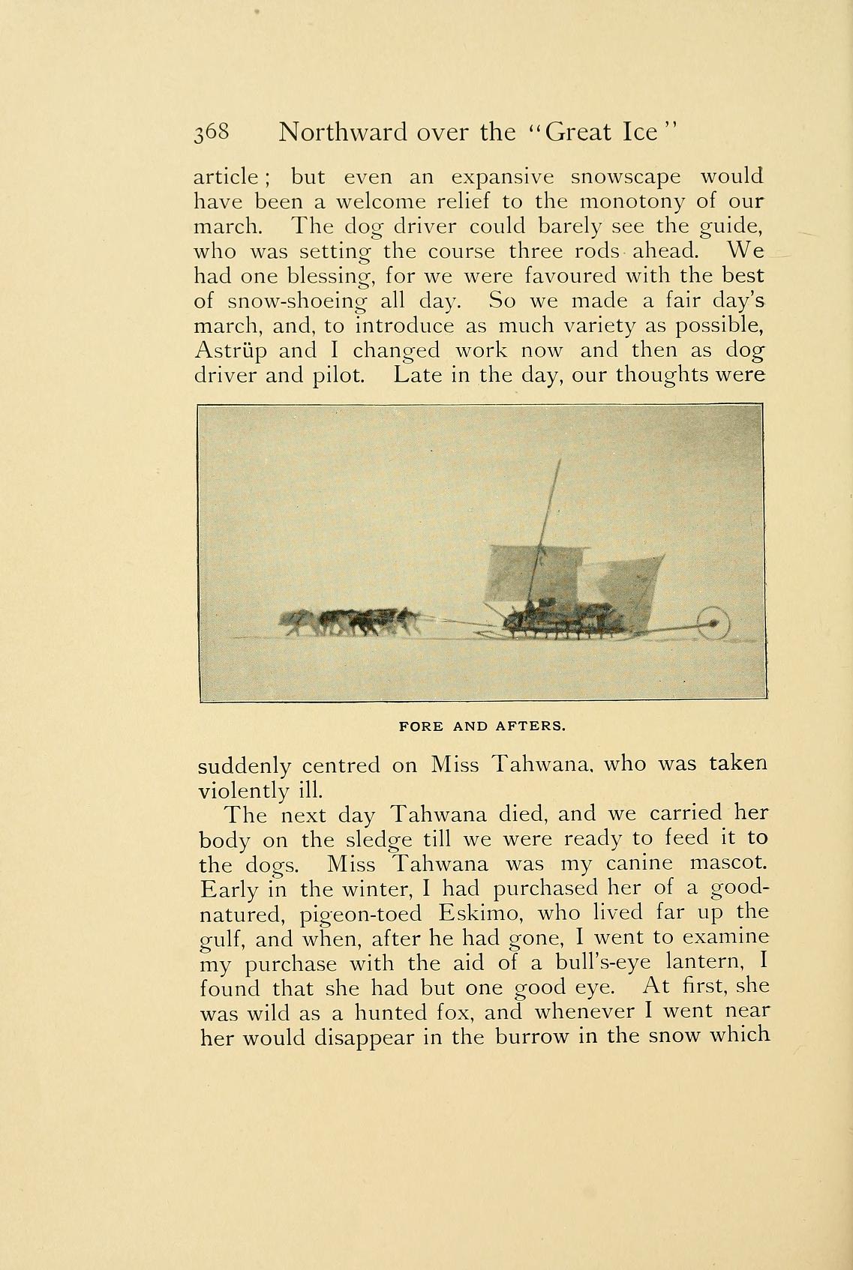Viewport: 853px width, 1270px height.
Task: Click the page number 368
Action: point(215,133)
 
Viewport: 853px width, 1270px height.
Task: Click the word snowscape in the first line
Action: point(626,177)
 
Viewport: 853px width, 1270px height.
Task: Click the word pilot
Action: point(338,375)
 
